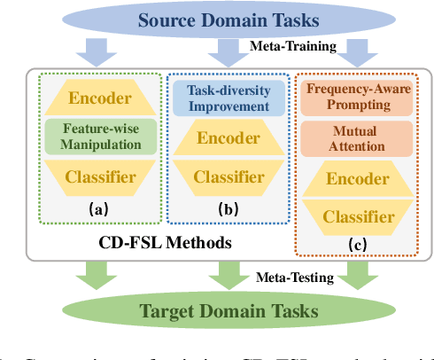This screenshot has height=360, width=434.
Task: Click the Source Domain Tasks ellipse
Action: [x=217, y=20]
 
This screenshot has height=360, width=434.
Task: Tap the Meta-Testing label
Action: [x=296, y=278]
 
